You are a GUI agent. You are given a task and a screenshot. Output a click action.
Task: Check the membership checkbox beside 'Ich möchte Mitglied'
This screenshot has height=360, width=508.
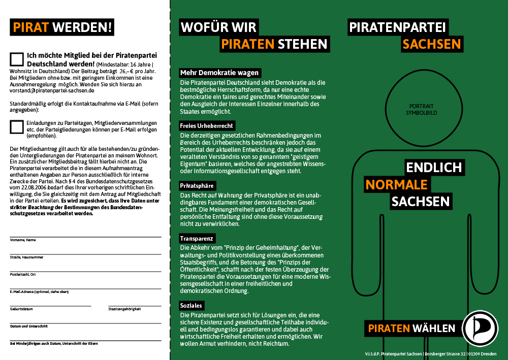point(17,59)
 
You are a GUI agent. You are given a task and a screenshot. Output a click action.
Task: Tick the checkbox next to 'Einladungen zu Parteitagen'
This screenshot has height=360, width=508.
point(17,127)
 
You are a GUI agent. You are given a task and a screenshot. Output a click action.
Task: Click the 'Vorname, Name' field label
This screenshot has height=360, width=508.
point(23,240)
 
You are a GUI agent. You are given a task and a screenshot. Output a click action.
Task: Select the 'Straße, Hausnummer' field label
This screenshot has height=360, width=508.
point(26,257)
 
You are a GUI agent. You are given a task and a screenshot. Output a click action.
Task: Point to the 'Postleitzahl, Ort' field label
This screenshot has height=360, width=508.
point(23,274)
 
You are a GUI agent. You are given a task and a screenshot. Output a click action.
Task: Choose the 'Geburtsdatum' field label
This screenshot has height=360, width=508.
point(21,309)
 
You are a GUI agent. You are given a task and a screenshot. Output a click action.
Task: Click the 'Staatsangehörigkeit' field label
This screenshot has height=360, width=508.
point(124,309)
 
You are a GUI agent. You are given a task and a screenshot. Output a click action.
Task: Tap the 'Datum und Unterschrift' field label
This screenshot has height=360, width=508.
point(29,326)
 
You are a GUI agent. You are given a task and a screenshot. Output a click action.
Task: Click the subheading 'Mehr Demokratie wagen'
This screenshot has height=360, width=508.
point(219,73)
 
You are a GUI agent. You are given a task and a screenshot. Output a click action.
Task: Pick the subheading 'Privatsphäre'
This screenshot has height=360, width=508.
point(198,186)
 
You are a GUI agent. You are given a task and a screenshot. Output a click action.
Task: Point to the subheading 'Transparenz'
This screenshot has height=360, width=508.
point(197,239)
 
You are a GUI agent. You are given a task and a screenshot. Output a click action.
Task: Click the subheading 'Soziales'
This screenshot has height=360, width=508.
point(192,306)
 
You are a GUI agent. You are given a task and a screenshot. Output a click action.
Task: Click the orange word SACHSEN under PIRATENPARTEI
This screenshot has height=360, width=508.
point(431,44)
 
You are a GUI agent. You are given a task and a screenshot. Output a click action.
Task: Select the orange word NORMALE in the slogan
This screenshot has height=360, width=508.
point(397,184)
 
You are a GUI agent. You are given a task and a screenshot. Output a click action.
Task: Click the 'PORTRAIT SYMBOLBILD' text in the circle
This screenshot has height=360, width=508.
point(421,109)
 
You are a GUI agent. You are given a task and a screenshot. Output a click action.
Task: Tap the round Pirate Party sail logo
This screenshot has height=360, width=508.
point(480,328)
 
